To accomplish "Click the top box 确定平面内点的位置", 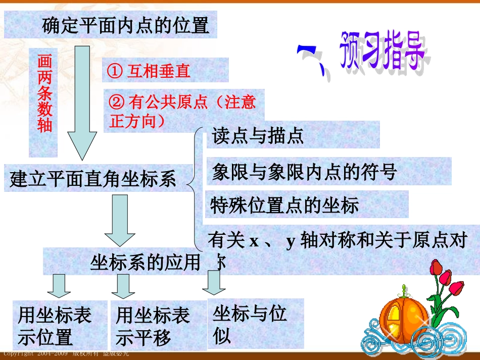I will [111, 25].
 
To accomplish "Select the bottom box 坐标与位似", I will [256, 323].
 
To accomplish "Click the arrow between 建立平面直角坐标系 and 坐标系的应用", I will [120, 220].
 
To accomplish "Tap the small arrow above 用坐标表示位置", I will [60, 285].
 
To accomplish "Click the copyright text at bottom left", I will [66, 354].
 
